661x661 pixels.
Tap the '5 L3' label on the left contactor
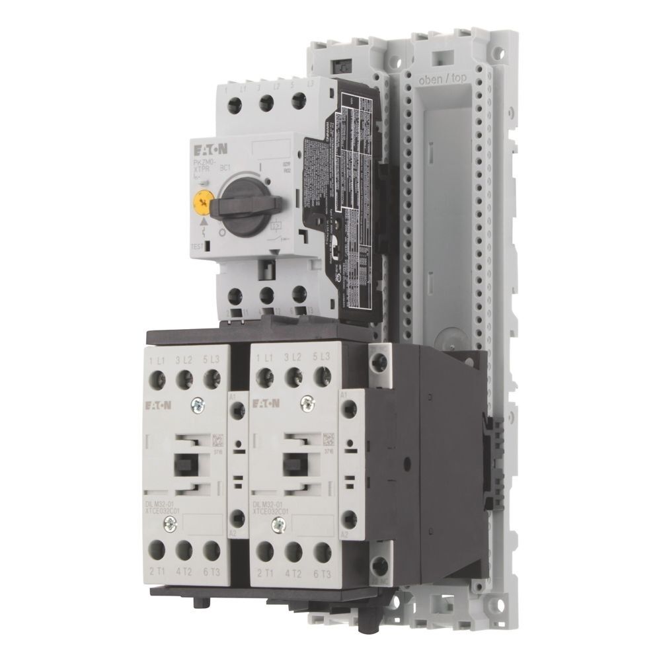point(212,360)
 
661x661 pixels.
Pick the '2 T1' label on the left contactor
point(158,572)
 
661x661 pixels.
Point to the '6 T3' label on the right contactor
point(324,572)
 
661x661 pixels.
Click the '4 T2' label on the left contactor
point(186,572)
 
